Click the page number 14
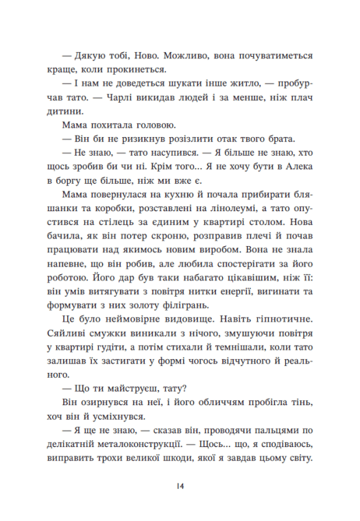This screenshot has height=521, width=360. click(180, 486)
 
